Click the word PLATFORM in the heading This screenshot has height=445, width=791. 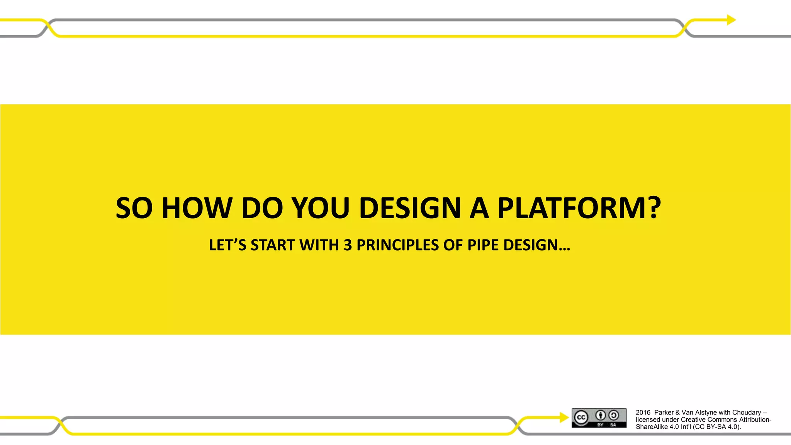coord(572,208)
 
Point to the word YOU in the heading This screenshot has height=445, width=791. coord(320,208)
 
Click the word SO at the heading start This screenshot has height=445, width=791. coord(134,208)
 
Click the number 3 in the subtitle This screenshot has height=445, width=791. coord(348,245)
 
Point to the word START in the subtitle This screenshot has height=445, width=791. coord(273,245)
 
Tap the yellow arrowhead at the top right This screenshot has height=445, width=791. coord(731,20)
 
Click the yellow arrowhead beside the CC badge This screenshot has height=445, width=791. coord(564,417)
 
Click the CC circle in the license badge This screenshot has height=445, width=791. coord(581,418)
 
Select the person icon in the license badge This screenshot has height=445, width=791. coord(600,415)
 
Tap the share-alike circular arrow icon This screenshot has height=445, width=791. coord(613,415)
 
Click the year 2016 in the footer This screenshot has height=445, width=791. coord(643,413)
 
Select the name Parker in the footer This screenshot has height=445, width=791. coord(664,413)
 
